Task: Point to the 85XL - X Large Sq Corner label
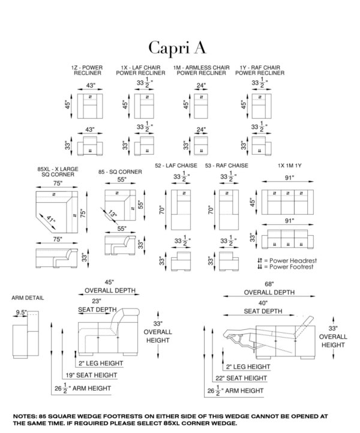tap(54, 173)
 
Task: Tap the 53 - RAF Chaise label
tap(226, 166)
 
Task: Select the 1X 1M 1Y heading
tap(290, 166)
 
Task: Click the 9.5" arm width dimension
tap(22, 312)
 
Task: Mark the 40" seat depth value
tap(263, 303)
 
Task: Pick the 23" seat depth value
tap(97, 301)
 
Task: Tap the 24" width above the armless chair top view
tap(200, 85)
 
